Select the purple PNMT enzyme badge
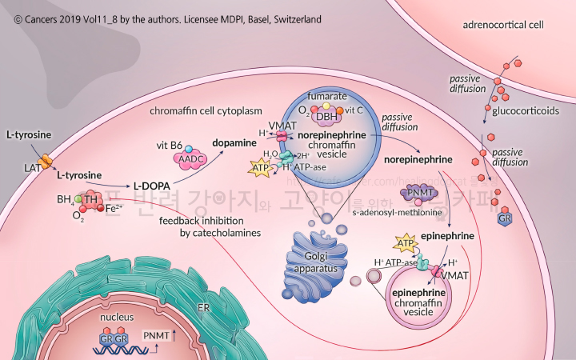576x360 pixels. [x=416, y=192]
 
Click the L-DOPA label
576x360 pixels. [x=154, y=182]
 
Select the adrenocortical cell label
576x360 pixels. [x=503, y=25]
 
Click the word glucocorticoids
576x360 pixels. [x=526, y=111]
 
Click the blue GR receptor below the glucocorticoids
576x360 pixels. [x=506, y=219]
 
